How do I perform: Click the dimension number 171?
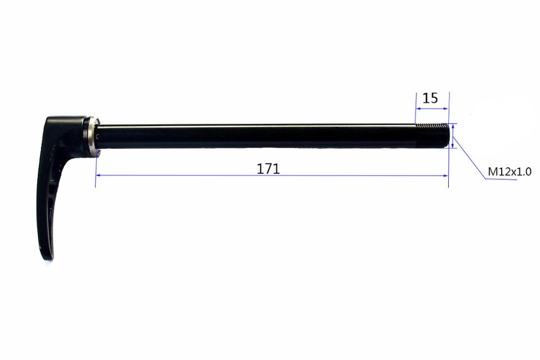(268, 168)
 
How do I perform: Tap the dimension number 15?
(430, 98)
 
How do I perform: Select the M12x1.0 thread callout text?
(510, 172)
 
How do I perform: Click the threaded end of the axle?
(432, 135)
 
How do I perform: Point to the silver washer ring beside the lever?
(91, 135)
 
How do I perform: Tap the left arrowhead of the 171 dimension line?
(98, 175)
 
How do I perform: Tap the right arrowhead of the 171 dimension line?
(446, 175)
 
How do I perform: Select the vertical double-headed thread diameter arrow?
(453, 135)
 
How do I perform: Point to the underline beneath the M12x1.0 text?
(502, 180)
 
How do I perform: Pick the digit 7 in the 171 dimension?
(268, 168)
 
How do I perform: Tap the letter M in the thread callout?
(492, 172)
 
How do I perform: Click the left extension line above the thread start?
(415, 108)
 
